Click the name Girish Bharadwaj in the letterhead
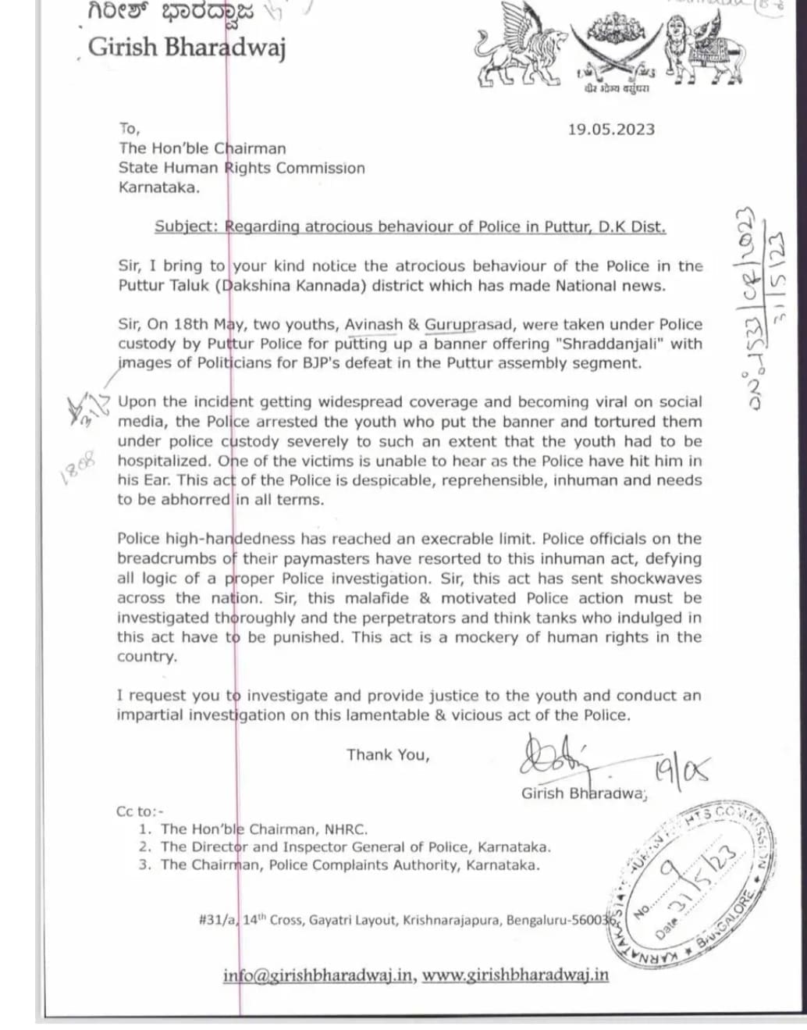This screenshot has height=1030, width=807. (187, 47)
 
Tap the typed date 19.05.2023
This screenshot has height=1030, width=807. (610, 130)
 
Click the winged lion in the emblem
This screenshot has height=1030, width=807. (516, 55)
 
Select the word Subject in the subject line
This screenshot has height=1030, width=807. (186, 226)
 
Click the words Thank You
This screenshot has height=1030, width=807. (388, 754)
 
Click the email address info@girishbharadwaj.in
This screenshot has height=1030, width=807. (318, 975)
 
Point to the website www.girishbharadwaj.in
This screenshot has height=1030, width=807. (515, 975)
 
